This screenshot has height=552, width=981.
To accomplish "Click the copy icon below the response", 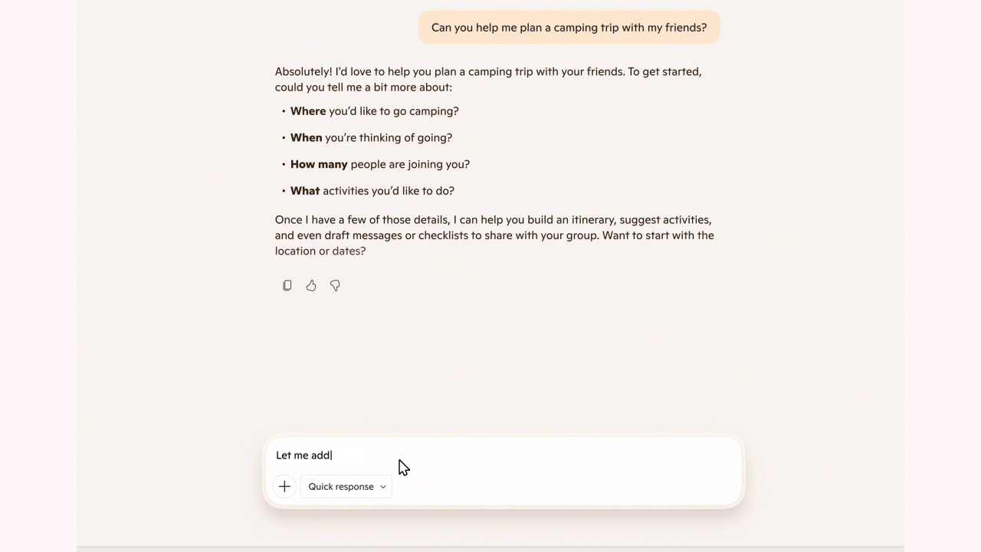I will (x=287, y=286).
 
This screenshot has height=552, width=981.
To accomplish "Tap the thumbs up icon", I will (x=311, y=286).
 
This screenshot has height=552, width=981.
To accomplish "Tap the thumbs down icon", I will (x=335, y=286).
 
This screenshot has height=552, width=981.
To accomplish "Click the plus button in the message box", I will (x=284, y=487).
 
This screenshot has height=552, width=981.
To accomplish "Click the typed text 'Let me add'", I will (x=303, y=455).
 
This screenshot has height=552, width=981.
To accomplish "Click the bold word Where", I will (x=308, y=111).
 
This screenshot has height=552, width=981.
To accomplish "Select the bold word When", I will (x=306, y=138).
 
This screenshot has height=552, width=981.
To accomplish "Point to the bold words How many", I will (x=319, y=164).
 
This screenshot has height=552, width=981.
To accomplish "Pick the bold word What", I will (x=305, y=191).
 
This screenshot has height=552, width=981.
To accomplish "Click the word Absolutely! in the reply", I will (x=303, y=71).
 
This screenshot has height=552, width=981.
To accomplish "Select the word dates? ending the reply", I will (x=349, y=251).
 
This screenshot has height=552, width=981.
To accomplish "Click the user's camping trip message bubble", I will (x=569, y=28).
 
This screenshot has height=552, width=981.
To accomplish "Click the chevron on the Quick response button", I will (x=383, y=487).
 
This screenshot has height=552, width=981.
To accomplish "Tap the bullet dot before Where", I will (x=284, y=112).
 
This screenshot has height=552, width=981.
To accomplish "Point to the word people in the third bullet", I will (x=368, y=164).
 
